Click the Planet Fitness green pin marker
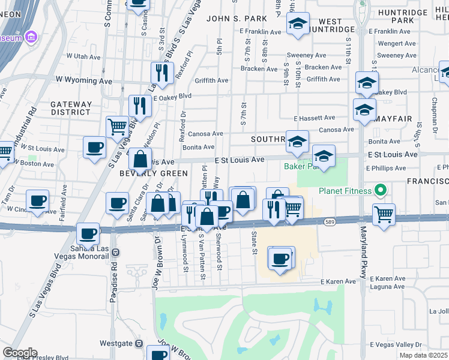pos(379,191)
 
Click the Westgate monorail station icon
pos(139,344)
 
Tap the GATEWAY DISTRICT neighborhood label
pos(71,108)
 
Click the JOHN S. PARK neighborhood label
pos(231,19)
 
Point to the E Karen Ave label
pos(339,281)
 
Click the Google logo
pos(20,353)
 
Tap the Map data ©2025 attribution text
pos(424,355)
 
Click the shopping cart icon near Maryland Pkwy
pos(384,214)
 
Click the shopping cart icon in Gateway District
pos(118,127)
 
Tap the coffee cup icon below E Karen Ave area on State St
pos(280,259)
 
